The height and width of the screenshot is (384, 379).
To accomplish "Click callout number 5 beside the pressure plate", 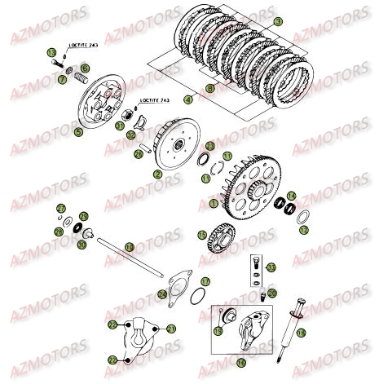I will point(77,131).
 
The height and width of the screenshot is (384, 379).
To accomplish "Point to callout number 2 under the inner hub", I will point(157,174).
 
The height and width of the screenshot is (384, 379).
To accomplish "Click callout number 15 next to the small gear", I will point(201,235).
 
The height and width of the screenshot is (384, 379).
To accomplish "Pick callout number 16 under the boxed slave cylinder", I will point(240,361).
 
